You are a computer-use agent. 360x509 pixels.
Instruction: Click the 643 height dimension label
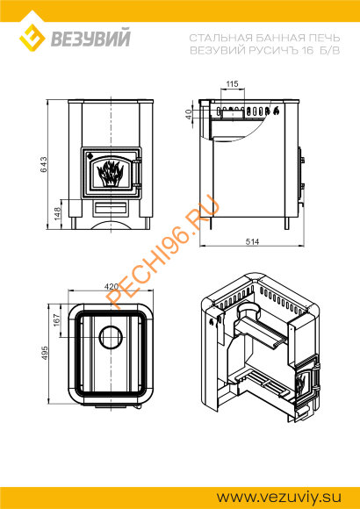[x=44, y=165]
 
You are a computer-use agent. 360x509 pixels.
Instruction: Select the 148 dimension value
[x=57, y=214]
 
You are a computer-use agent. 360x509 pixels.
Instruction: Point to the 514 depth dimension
[x=252, y=241]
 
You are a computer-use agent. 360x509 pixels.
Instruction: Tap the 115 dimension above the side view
[x=232, y=83]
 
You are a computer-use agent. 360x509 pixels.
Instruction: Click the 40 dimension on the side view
[x=189, y=114]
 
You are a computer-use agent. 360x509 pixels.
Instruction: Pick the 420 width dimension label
[x=112, y=287]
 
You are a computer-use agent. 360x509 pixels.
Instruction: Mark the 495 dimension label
[x=44, y=353]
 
